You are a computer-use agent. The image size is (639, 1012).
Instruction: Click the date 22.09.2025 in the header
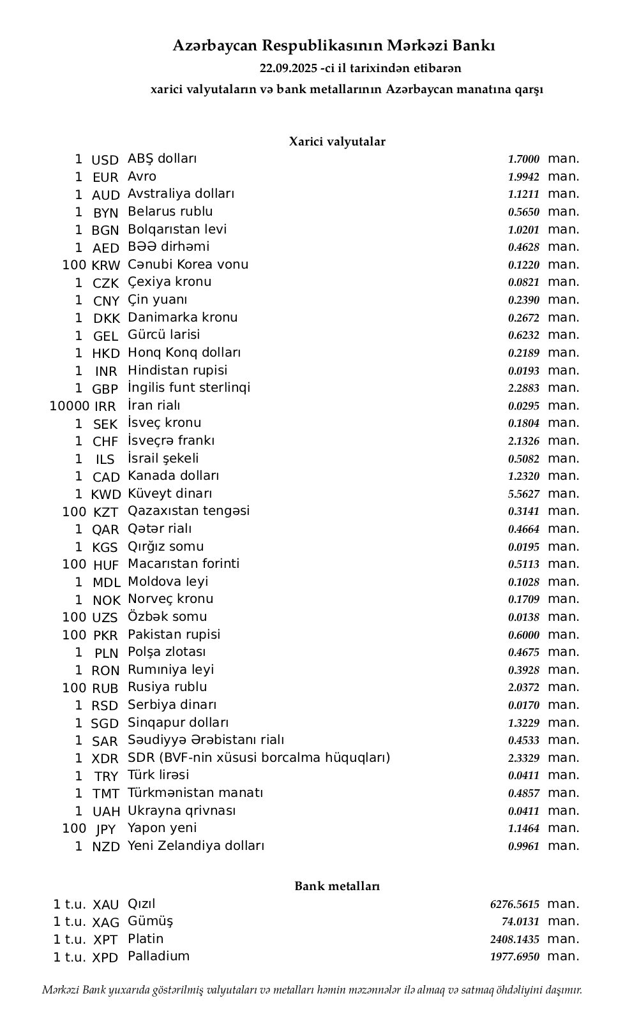pos(289,68)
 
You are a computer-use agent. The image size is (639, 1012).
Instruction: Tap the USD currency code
pos(105,160)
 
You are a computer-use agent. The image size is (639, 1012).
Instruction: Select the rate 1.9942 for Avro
pos(523,177)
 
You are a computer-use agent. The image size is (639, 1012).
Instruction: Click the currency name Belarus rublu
pos(170,212)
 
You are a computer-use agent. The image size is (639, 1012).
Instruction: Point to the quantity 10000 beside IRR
pos(69,406)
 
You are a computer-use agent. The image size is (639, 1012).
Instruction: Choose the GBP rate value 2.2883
pos(523,388)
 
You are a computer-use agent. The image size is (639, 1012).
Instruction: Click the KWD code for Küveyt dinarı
pos(105,495)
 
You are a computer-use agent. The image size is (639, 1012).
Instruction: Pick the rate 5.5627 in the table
pos(523,494)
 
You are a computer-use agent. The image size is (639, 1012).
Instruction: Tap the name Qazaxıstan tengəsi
pos(189,511)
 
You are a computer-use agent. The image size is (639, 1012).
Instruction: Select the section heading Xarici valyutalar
pos(337,142)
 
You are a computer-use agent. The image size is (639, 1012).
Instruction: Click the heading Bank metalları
pos(337,886)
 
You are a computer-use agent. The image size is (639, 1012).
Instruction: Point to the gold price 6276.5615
pos(515,904)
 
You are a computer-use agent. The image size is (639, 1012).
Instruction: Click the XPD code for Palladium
pos(105,958)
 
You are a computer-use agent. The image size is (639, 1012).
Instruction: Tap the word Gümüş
pos(150,921)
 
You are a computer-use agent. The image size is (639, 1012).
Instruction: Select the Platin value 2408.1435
pos(515,939)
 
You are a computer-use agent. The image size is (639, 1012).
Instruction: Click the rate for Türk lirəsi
pos(523,776)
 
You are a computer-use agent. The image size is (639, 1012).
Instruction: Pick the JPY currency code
pos(105,829)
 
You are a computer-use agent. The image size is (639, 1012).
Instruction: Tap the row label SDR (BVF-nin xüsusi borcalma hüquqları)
pos(259,758)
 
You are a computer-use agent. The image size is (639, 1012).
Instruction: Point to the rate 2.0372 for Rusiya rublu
pos(523,687)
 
